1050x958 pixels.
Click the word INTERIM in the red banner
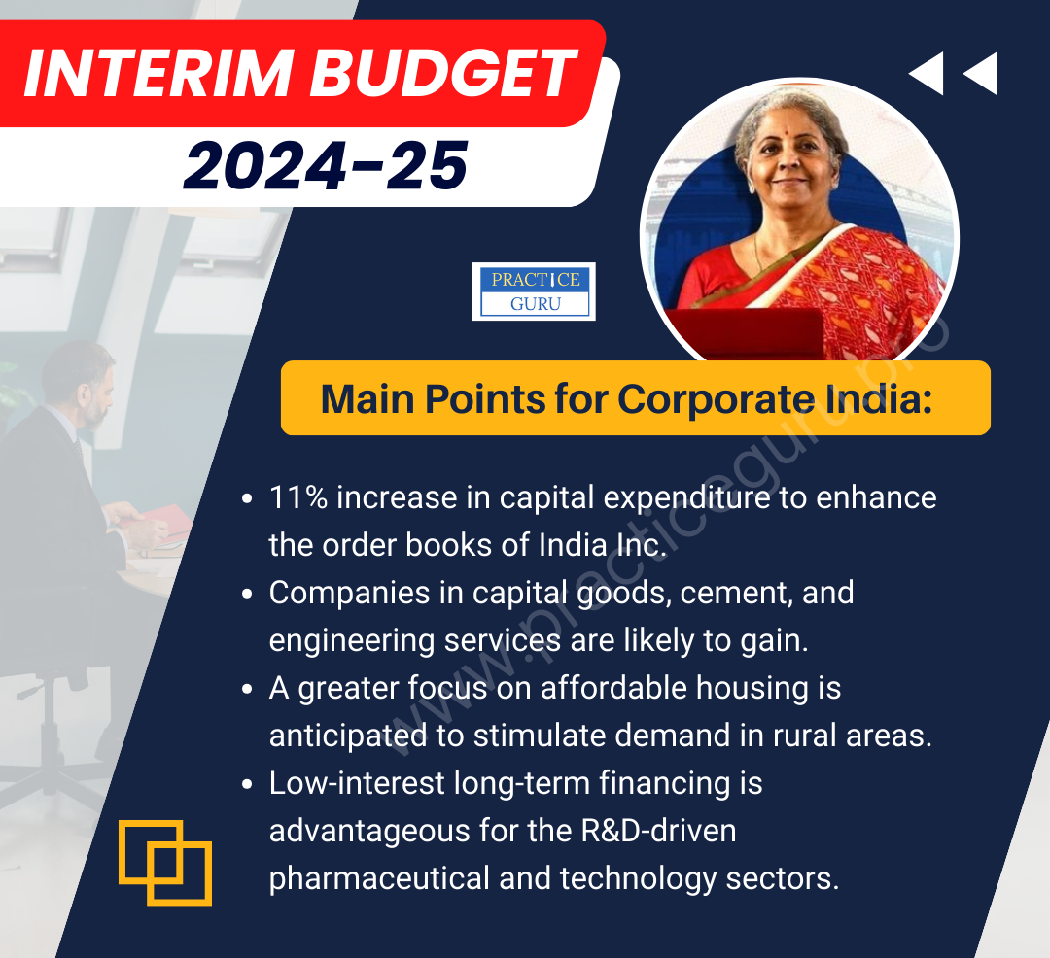tap(158, 74)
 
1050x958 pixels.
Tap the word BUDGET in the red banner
tap(442, 74)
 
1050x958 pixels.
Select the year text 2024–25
tap(326, 165)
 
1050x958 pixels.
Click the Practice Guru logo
tap(534, 291)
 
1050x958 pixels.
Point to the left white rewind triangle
tap(927, 73)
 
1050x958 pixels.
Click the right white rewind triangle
tap(980, 73)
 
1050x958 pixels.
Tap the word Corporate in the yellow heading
tap(716, 399)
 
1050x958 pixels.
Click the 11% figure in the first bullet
tap(298, 497)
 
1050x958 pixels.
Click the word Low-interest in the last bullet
tap(357, 783)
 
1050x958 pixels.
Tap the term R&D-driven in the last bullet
tap(658, 831)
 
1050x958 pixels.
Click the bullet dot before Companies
tap(247, 594)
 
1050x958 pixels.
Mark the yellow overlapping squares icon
tap(165, 863)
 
